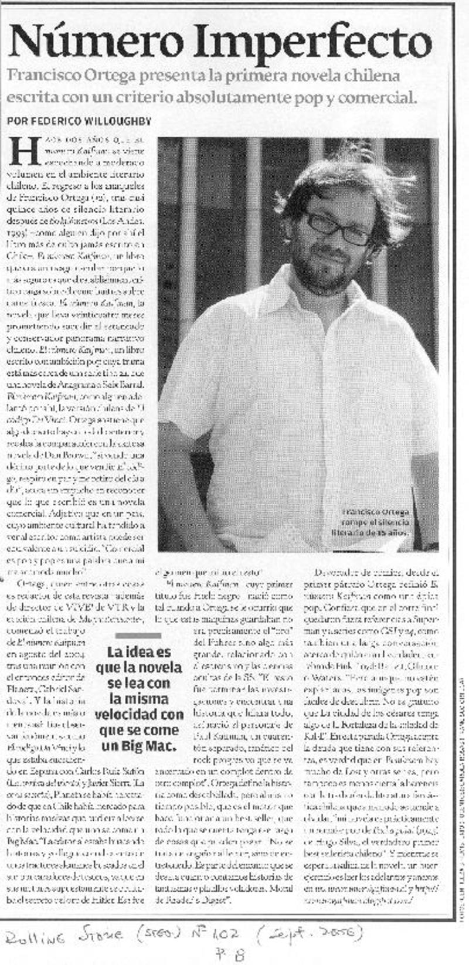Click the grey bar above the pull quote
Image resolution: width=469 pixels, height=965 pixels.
[138, 636]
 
